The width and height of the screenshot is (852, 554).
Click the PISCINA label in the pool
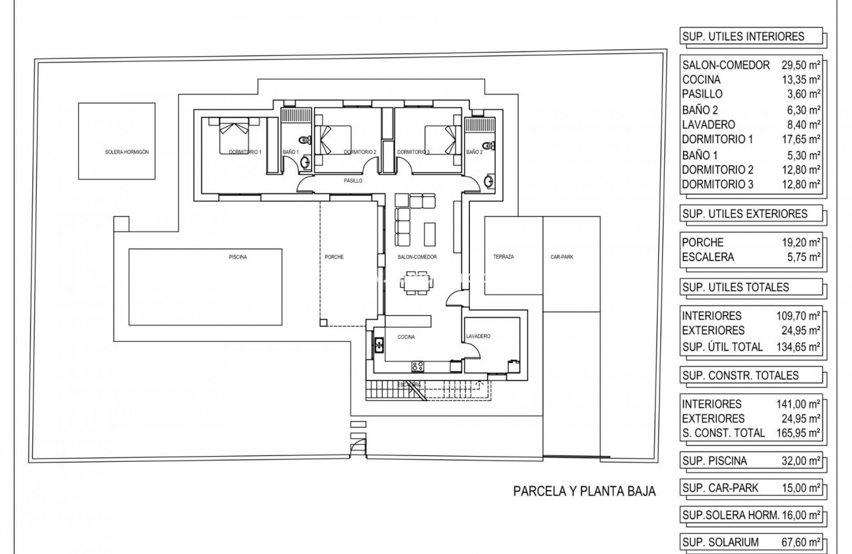(x=238, y=257)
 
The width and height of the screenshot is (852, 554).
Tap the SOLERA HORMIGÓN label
(x=127, y=152)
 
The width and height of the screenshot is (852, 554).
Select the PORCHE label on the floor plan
(x=334, y=257)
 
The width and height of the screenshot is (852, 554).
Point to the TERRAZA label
(x=503, y=257)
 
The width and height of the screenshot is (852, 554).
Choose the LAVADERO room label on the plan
(x=478, y=337)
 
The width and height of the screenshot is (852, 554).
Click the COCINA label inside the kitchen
(x=406, y=337)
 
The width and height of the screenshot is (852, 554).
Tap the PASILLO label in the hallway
(x=352, y=181)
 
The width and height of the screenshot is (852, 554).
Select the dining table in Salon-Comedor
(x=417, y=282)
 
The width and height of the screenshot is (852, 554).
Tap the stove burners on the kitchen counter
(x=418, y=366)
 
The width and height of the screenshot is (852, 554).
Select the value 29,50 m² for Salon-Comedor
(x=800, y=65)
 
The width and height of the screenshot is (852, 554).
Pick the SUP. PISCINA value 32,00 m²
(x=800, y=461)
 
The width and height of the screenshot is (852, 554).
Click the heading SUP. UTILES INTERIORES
(x=744, y=37)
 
